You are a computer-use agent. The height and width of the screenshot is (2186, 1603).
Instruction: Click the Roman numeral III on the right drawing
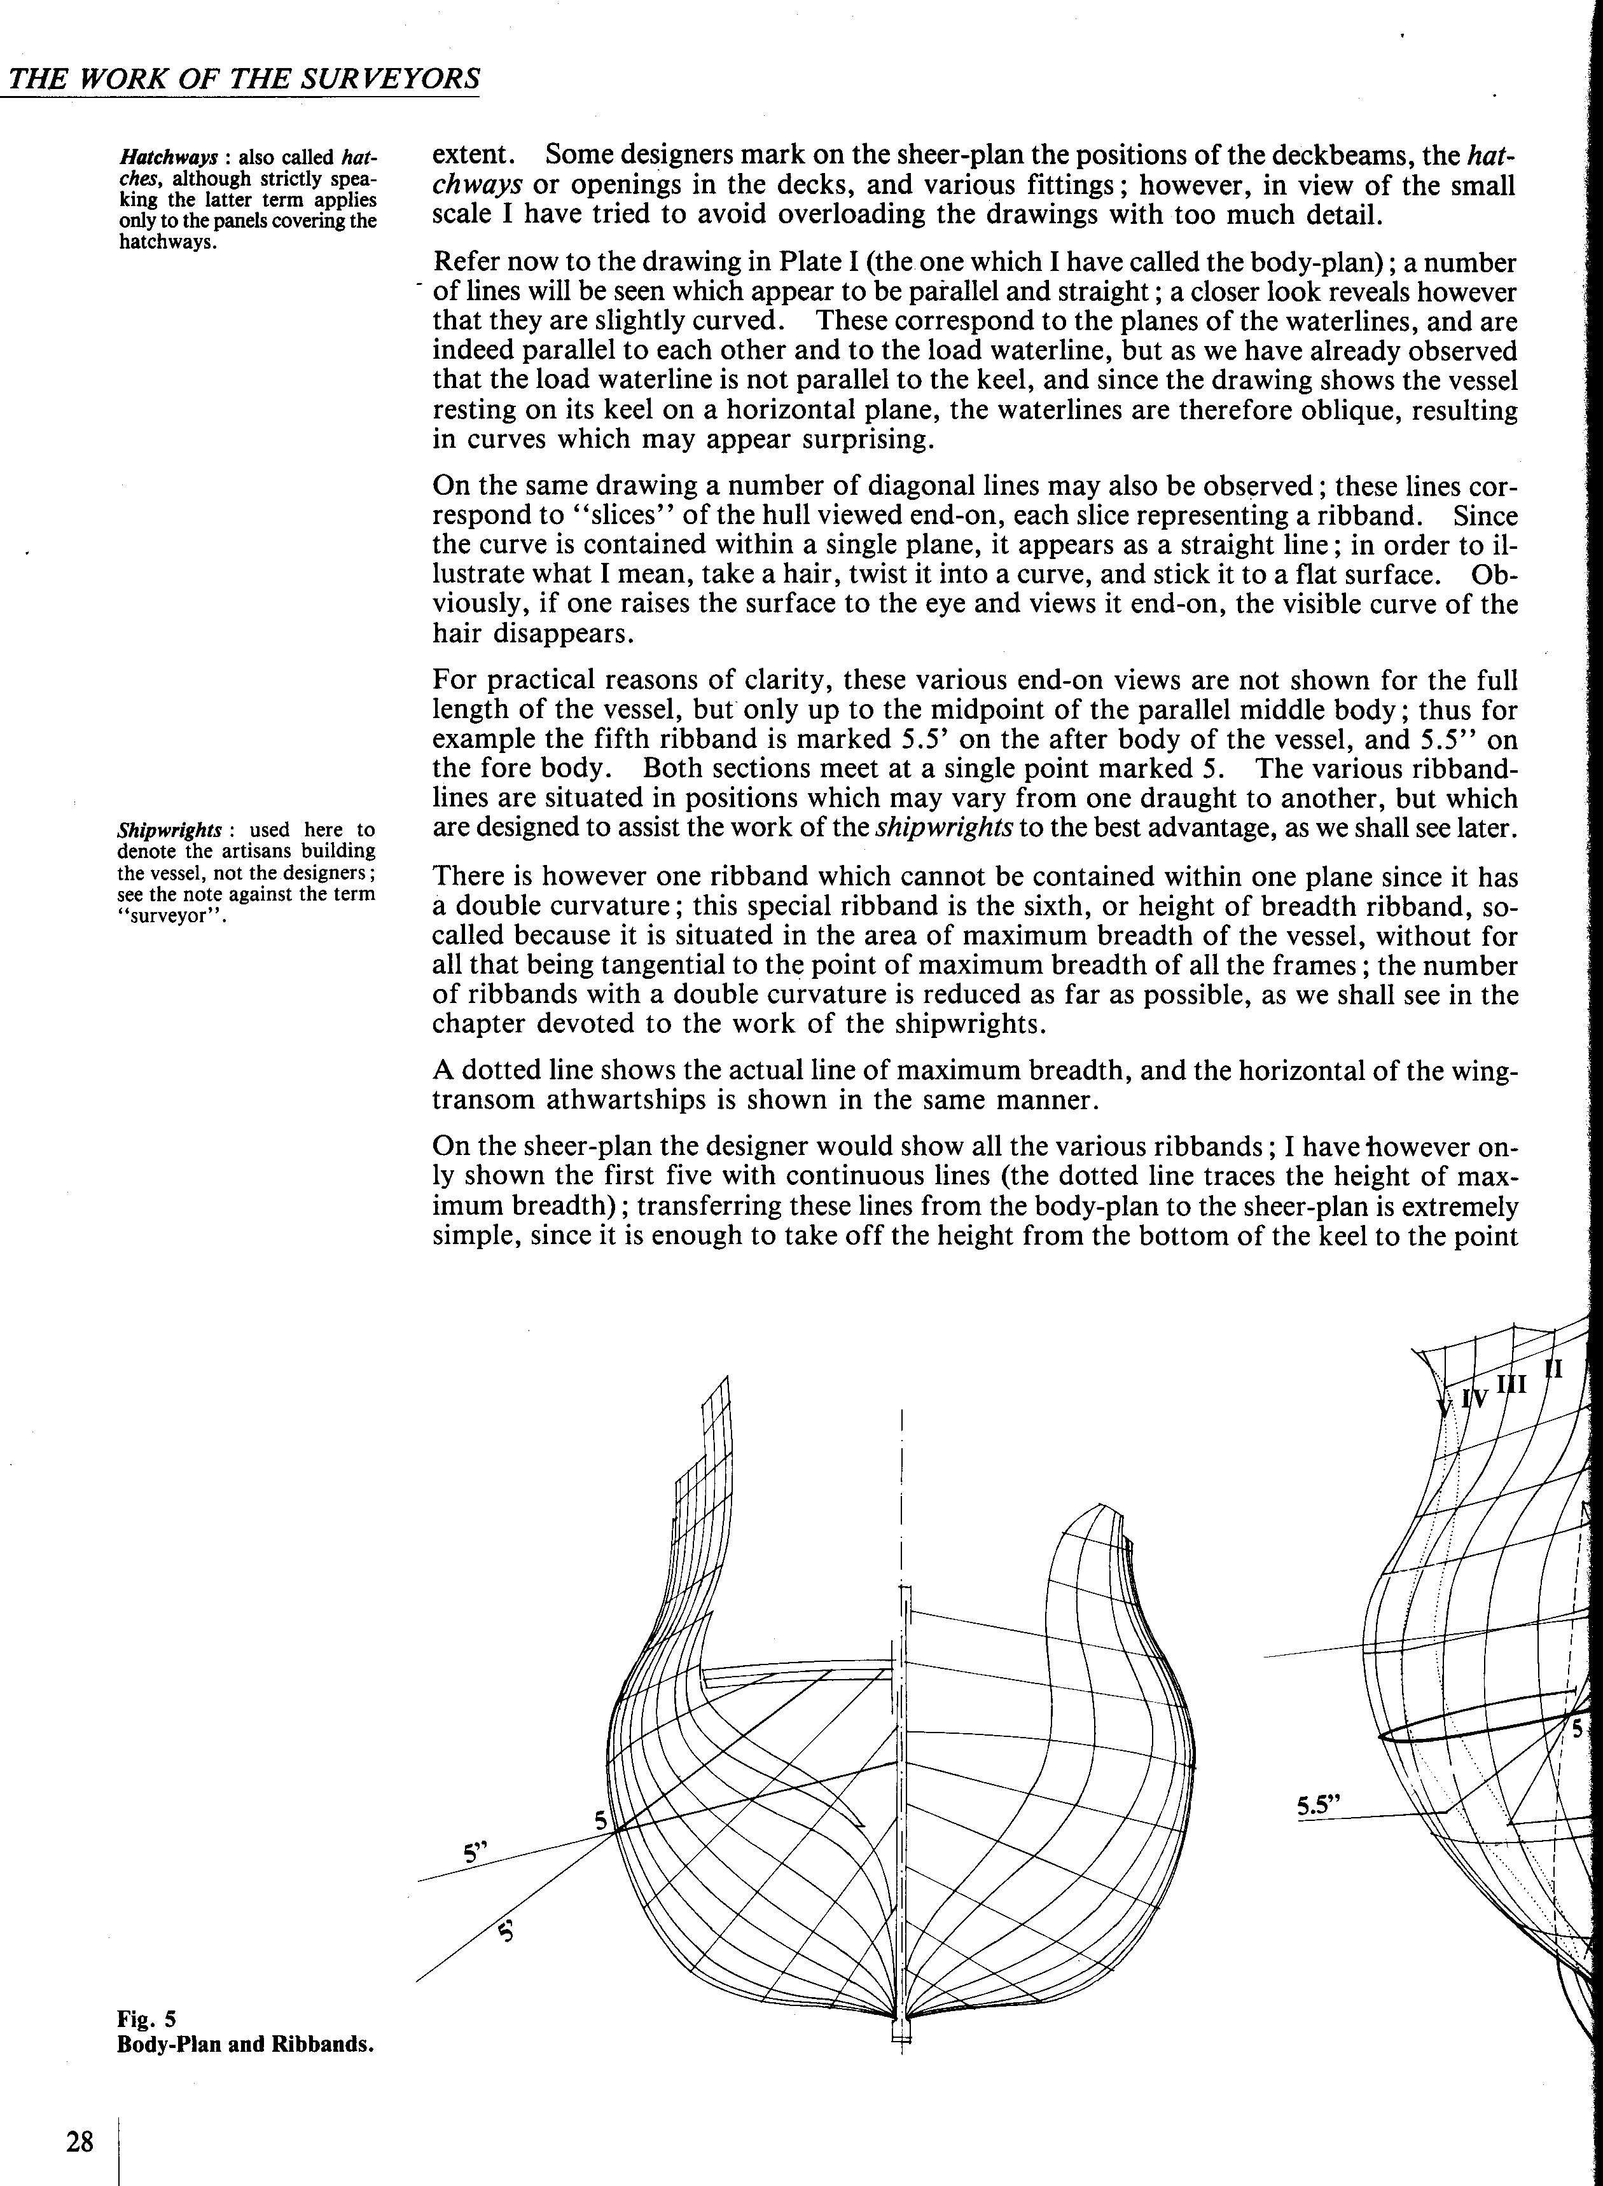pos(1512,1383)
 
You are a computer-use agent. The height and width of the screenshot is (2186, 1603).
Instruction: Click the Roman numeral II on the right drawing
pos(1553,1369)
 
